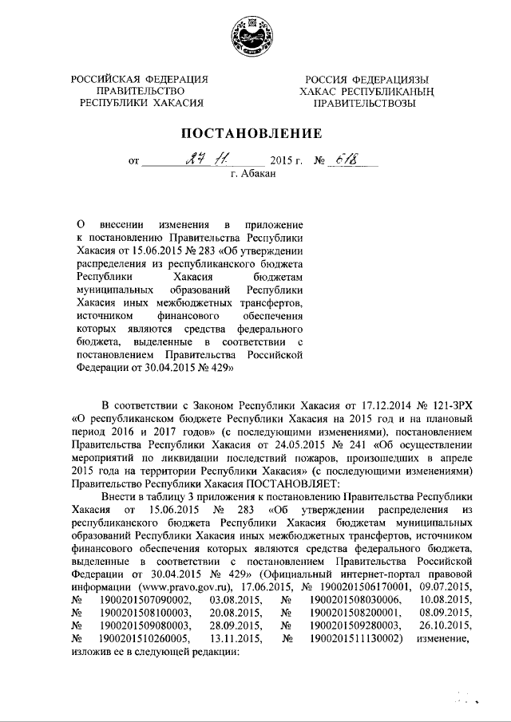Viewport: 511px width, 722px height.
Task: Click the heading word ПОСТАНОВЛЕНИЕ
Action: (x=255, y=132)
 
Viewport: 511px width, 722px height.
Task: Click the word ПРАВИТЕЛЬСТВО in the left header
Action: (x=141, y=91)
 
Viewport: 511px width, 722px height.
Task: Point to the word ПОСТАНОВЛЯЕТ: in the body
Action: (x=297, y=483)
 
